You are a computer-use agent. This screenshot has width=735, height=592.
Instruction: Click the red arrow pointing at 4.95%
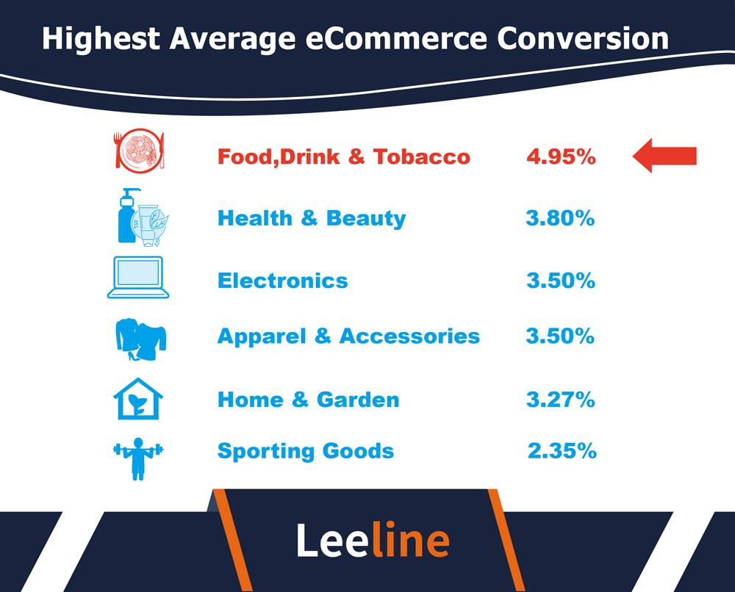[x=664, y=156]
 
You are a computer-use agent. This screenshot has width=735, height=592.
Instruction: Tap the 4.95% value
[x=561, y=156]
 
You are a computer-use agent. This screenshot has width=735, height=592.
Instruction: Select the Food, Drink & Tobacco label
[x=343, y=156]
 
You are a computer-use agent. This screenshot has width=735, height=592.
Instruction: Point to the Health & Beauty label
[x=311, y=218]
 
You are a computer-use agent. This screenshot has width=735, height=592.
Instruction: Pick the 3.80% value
[x=560, y=218]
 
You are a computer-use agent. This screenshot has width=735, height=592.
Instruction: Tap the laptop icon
[x=138, y=277]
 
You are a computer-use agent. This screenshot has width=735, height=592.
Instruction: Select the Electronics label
[x=282, y=280]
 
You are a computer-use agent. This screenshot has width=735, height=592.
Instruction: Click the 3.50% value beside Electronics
[x=561, y=280]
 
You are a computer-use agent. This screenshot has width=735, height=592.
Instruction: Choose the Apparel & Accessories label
[x=348, y=336]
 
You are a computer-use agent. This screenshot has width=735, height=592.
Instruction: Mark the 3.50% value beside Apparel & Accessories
[x=560, y=336]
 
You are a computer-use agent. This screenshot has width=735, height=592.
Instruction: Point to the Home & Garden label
[x=308, y=400]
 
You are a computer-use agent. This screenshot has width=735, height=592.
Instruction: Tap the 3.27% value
[x=561, y=400]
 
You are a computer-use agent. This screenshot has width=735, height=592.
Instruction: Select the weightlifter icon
[x=139, y=458]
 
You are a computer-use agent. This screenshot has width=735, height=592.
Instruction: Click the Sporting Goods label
[x=305, y=451]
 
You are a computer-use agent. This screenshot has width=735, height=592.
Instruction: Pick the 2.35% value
[x=562, y=451]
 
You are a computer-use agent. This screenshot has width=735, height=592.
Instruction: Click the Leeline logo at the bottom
[x=373, y=540]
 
